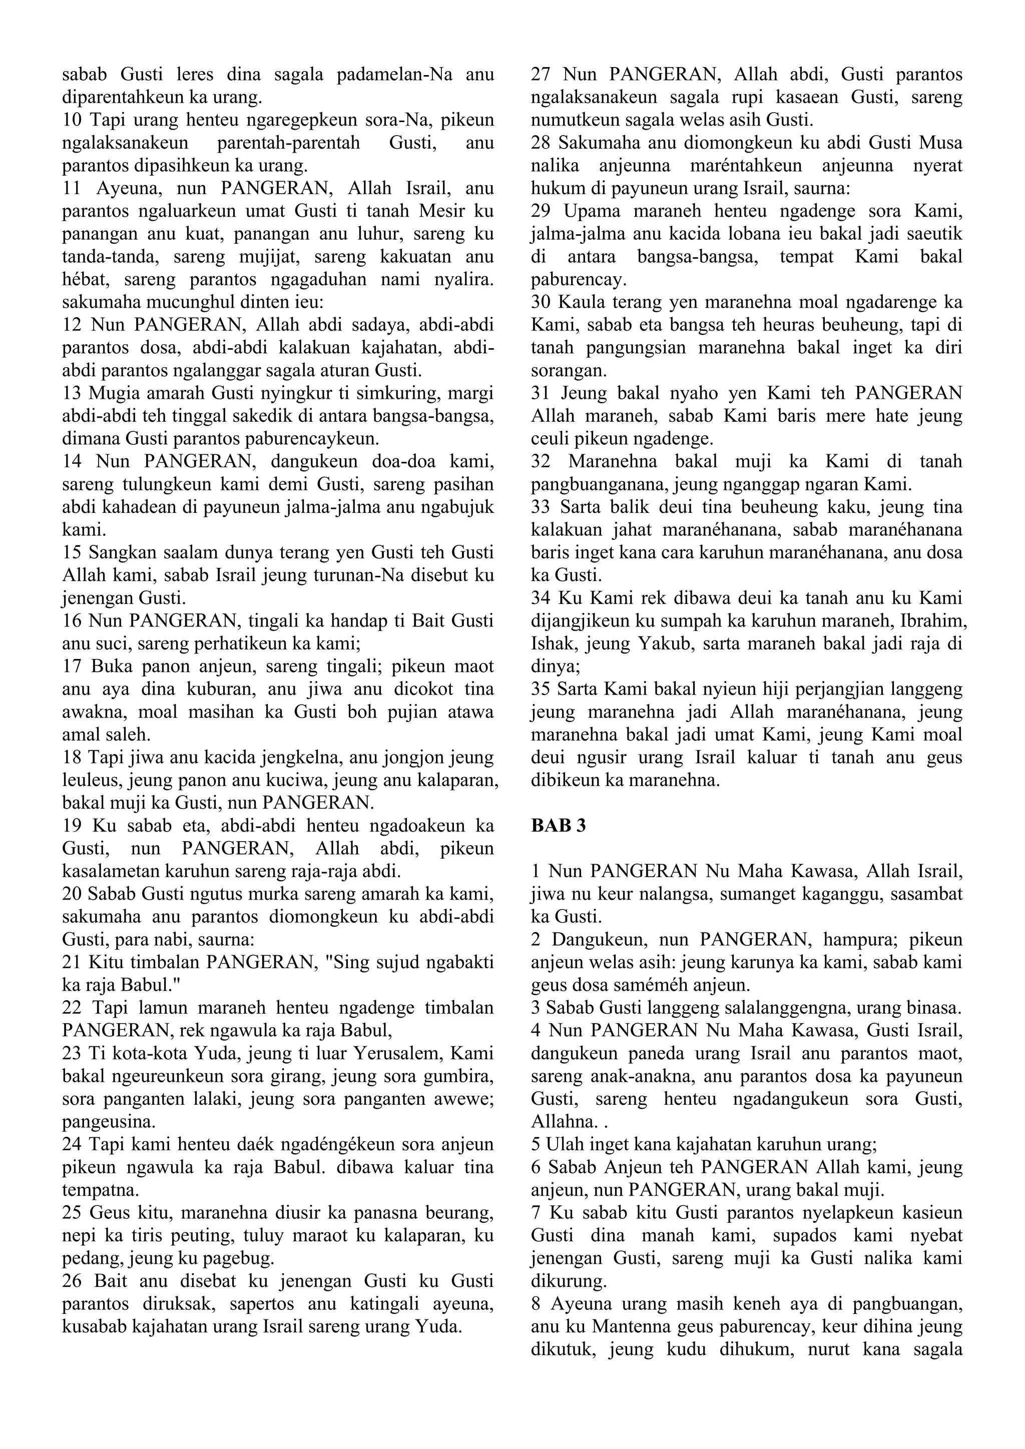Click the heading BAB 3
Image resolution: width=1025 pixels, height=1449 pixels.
pos(558,826)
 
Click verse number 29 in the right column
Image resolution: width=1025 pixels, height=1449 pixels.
pos(541,211)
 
